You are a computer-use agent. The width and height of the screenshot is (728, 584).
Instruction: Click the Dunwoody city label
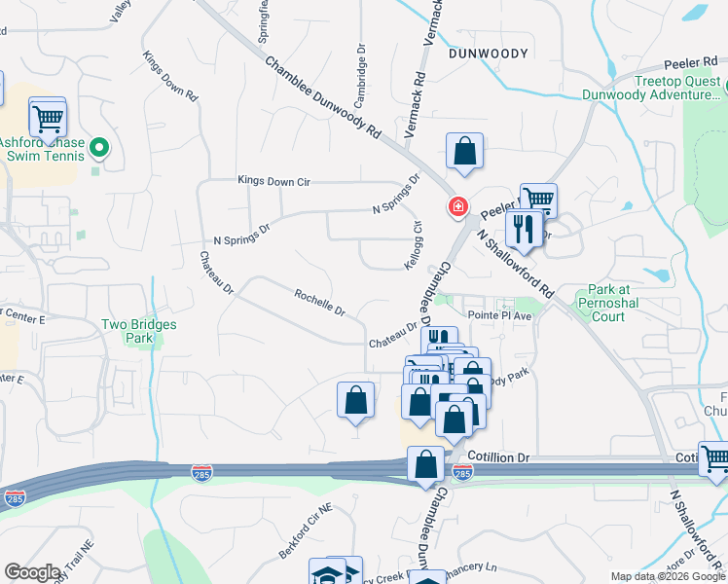[x=489, y=55]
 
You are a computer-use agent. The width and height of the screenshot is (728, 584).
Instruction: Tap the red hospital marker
[x=455, y=207]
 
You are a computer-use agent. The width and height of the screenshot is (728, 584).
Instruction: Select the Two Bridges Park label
[x=127, y=331]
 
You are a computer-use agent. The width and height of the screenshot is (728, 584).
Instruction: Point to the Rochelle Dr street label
[x=320, y=302]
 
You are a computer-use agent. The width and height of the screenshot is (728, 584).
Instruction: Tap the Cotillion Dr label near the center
[x=497, y=456]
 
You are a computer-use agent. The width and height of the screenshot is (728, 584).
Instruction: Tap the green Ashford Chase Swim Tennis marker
[x=98, y=149]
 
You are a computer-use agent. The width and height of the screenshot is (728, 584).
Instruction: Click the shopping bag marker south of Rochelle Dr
[x=355, y=400]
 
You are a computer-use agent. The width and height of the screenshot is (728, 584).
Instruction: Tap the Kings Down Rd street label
[x=170, y=77]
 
